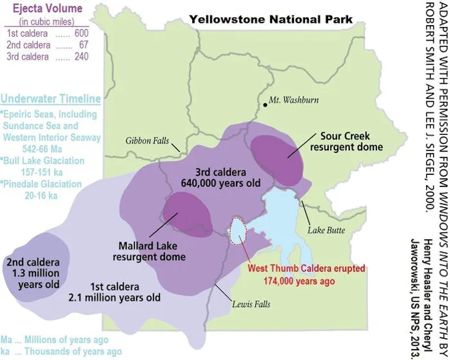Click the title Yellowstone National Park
pyautogui.click(x=271, y=19)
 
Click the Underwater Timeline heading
pyautogui.click(x=51, y=99)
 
